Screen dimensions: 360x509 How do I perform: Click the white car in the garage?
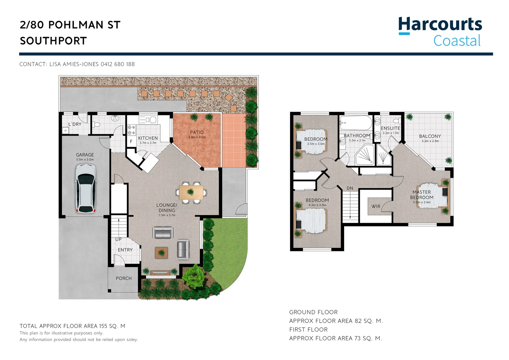[86, 189]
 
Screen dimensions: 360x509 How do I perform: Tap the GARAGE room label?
[85, 155]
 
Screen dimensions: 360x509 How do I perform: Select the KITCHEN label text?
[148, 138]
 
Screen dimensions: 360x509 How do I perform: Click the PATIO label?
[197, 132]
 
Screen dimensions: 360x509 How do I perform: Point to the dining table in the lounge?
[191, 192]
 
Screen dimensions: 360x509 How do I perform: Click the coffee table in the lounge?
[161, 253]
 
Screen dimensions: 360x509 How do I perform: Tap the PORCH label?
[124, 278]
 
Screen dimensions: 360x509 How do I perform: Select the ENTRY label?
[125, 250]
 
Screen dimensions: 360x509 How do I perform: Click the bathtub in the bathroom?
[356, 123]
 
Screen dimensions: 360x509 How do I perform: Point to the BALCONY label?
[430, 136]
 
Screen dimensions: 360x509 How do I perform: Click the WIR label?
[376, 206]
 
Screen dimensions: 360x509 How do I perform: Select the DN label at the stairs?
[350, 188]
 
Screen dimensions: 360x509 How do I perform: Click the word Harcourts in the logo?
[440, 25]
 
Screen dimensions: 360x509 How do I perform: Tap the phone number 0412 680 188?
[117, 64]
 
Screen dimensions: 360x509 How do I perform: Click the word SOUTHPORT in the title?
[53, 41]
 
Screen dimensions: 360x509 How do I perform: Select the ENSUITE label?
[390, 128]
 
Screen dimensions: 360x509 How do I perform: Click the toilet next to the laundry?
[97, 125]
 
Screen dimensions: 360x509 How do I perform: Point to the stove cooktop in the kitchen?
[131, 130]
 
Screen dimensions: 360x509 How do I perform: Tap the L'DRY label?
[75, 124]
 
